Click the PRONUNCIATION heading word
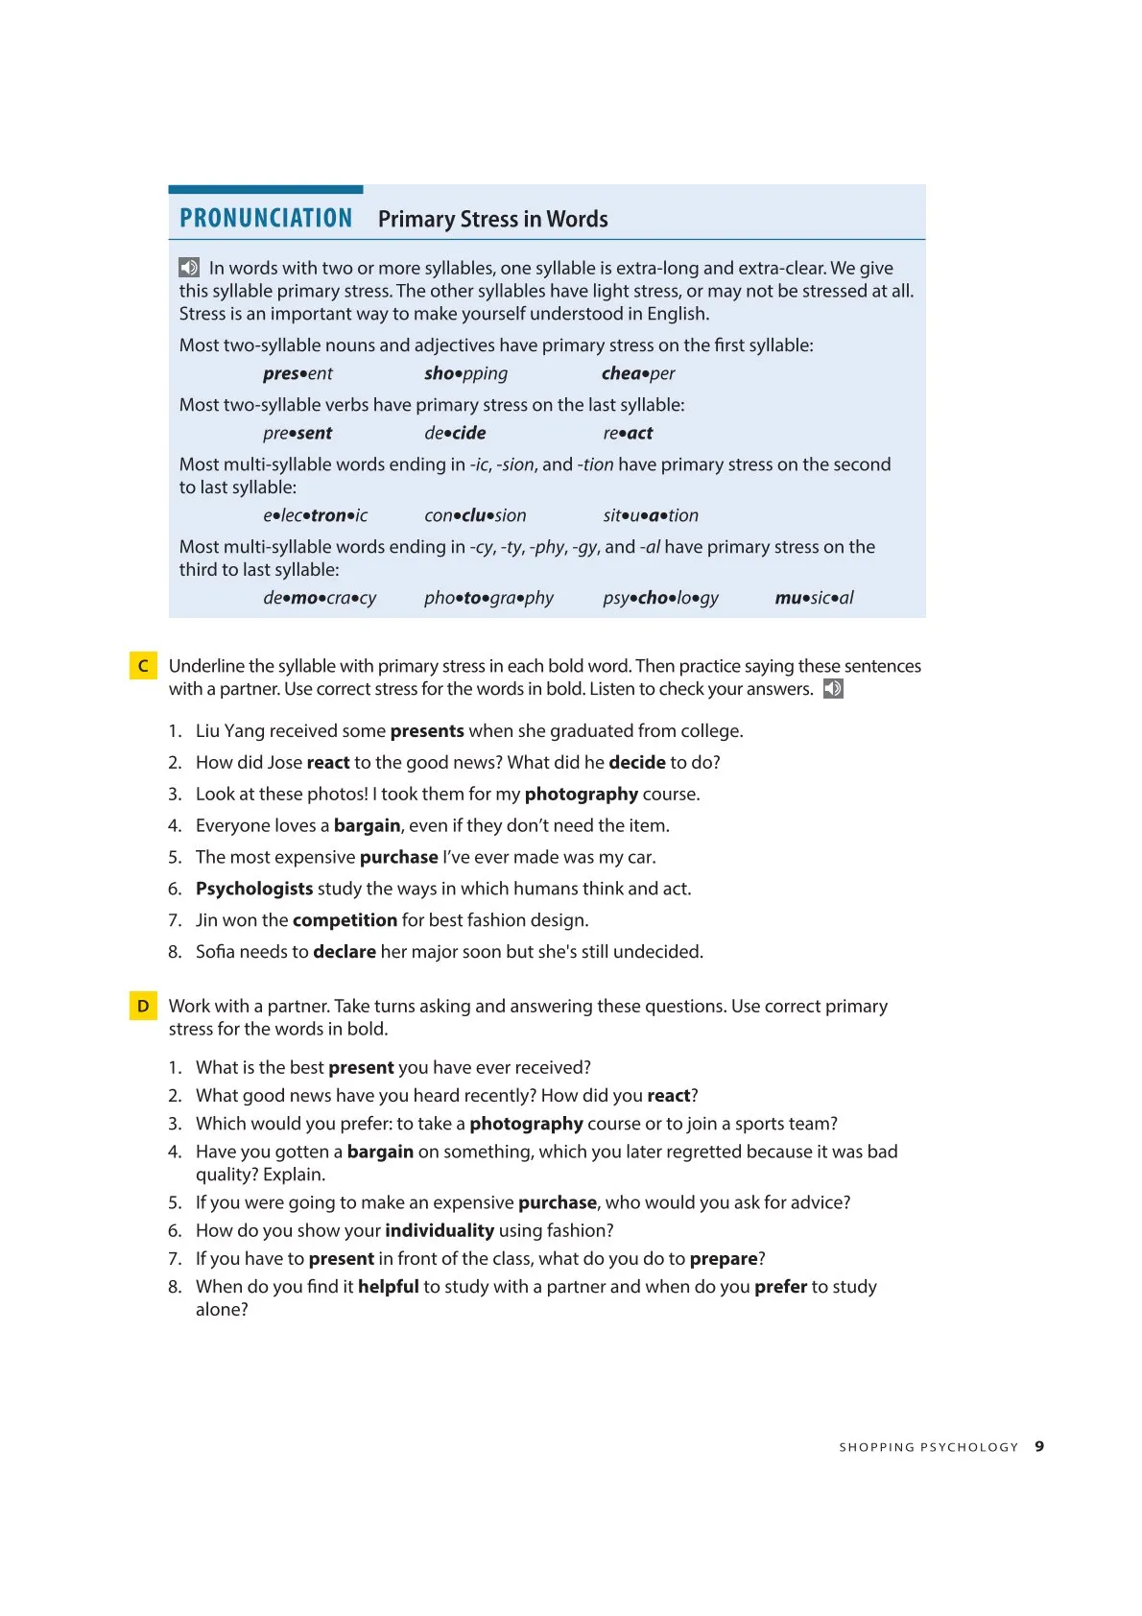pos(266,219)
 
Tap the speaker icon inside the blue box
pos(189,268)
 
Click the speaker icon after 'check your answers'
pos(833,689)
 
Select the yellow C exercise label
pos(143,666)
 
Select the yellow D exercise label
pos(143,1006)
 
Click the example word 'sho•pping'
pos(465,373)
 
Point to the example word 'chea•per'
pos(638,373)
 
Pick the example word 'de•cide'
pos(455,433)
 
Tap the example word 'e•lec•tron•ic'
pos(315,515)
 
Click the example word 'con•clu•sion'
pos(475,515)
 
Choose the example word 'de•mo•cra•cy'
pos(320,598)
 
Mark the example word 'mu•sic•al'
pos(814,598)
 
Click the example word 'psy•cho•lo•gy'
pos(660,598)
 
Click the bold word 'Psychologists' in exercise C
pos(254,889)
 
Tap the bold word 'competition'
pos(345,920)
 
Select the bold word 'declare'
pos(345,952)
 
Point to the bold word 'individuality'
pos(440,1230)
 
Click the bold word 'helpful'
pos(389,1287)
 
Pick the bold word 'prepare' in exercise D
pos(724,1259)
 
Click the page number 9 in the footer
pos(1039,1446)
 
